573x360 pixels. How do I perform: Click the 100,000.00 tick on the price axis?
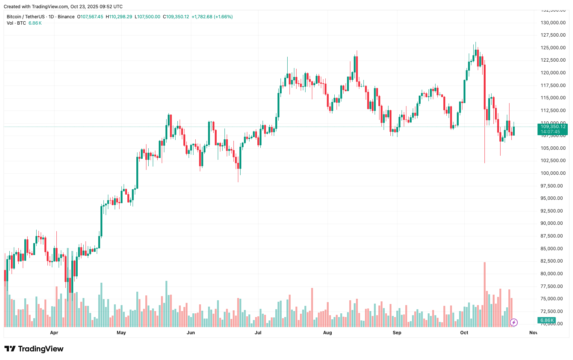pyautogui.click(x=553, y=173)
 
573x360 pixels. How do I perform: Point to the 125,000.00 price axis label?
pyautogui.click(x=553, y=48)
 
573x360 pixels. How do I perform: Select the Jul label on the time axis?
pyautogui.click(x=258, y=333)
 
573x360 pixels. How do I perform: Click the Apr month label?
pyautogui.click(x=54, y=333)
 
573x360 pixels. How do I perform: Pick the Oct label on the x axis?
pyautogui.click(x=464, y=333)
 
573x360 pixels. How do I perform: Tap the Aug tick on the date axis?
pyautogui.click(x=327, y=333)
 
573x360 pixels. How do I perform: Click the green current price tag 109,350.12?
pyautogui.click(x=553, y=127)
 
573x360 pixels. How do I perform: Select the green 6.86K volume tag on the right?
pyautogui.click(x=547, y=320)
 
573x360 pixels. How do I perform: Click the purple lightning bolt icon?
pyautogui.click(x=514, y=322)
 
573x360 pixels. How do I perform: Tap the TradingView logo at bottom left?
pyautogui.click(x=34, y=349)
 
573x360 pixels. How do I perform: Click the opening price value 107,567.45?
pyautogui.click(x=92, y=17)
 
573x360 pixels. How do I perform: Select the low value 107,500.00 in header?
pyautogui.click(x=149, y=17)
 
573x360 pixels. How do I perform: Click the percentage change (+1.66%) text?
pyautogui.click(x=223, y=17)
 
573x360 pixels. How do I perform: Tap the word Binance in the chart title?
pyautogui.click(x=66, y=17)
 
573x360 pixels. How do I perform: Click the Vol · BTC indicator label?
pyautogui.click(x=16, y=23)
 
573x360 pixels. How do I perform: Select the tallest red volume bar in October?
pyautogui.click(x=484, y=295)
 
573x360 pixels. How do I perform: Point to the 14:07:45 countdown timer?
pyautogui.click(x=550, y=132)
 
